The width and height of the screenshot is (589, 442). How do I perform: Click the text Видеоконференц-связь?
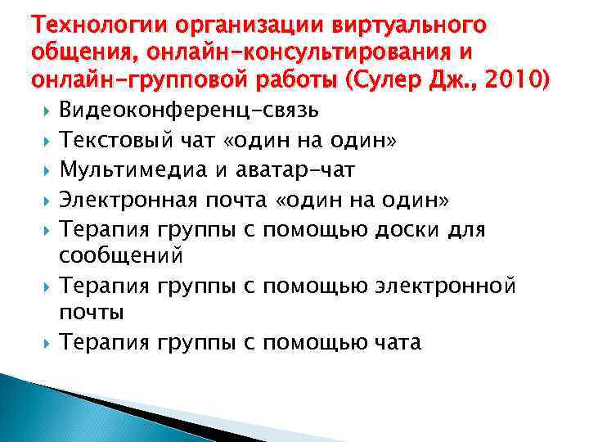tap(190, 110)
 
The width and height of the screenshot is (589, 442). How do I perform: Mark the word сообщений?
tap(120, 255)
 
